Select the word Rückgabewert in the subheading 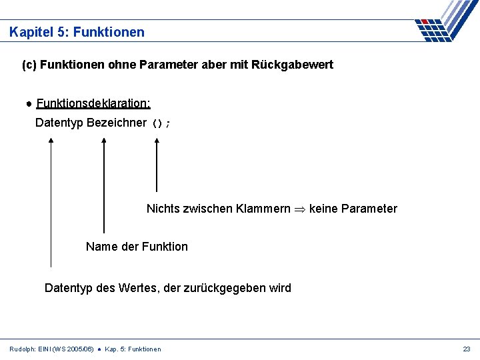point(297,65)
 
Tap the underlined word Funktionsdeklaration point(93,103)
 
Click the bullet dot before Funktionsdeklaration point(30,104)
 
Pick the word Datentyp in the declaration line point(59,123)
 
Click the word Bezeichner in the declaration point(117,123)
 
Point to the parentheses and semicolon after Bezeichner point(161,123)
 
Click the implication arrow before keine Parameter point(300,209)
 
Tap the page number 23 point(466,349)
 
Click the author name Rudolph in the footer point(23,349)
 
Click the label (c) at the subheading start point(29,65)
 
